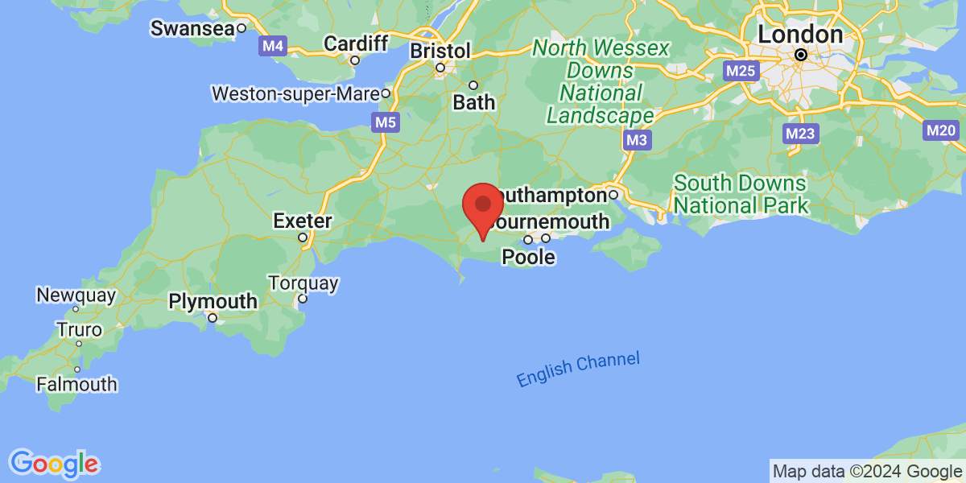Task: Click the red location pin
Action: click(x=483, y=206)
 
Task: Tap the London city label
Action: click(x=799, y=35)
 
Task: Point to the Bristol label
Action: click(x=440, y=51)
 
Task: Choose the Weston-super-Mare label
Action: click(x=295, y=93)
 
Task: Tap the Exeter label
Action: click(x=303, y=220)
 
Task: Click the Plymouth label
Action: click(x=213, y=302)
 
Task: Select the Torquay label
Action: click(x=303, y=283)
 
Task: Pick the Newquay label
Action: click(x=76, y=295)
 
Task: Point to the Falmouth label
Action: click(x=76, y=385)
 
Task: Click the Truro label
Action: click(x=79, y=330)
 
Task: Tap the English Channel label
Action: click(x=578, y=369)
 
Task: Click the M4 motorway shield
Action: click(x=272, y=46)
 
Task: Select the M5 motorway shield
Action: click(x=385, y=122)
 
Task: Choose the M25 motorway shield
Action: click(x=740, y=71)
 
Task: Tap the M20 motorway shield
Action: click(x=939, y=130)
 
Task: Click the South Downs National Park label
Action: click(x=741, y=193)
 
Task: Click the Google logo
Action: click(x=54, y=463)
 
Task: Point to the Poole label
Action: click(x=528, y=257)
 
